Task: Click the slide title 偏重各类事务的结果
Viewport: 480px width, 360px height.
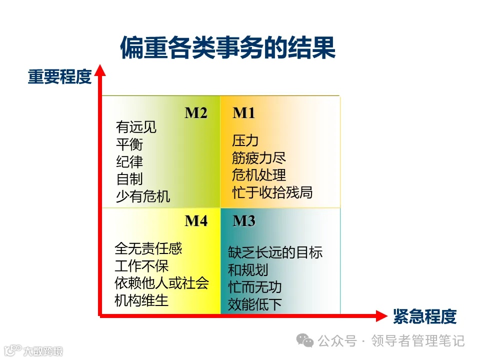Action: (227, 48)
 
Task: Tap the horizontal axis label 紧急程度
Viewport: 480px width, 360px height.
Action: (425, 316)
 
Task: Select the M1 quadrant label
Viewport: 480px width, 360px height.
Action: (244, 113)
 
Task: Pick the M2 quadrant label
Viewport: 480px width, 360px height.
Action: (196, 113)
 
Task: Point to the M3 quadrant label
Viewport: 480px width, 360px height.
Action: (244, 221)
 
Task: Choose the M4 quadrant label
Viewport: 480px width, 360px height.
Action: (196, 221)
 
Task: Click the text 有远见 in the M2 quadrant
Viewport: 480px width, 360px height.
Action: (136, 127)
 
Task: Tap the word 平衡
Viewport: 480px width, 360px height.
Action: (129, 144)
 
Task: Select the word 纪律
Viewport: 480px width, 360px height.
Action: (129, 161)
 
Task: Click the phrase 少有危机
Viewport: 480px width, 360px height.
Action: (143, 196)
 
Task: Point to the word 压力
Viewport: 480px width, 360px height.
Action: (245, 141)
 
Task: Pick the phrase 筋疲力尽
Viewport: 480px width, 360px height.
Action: (259, 158)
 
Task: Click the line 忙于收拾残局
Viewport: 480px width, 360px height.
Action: (272, 192)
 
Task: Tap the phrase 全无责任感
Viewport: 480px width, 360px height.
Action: (148, 248)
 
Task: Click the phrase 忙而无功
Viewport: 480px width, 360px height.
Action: (255, 287)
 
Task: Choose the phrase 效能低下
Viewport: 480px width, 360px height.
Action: (255, 304)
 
